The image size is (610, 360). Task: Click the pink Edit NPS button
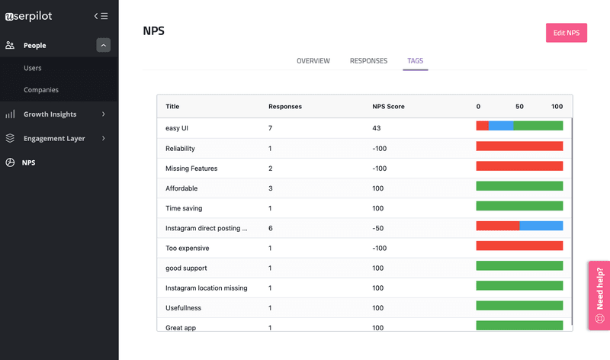coord(566,33)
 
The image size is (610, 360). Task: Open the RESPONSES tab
coord(368,61)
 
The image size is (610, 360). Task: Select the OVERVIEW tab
coord(313,61)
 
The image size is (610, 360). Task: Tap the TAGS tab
coord(416,61)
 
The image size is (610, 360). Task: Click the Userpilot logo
coord(40,15)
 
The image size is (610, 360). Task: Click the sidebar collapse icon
coord(101,15)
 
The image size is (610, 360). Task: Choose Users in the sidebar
coord(33,68)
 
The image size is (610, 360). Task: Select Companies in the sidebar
coord(41,90)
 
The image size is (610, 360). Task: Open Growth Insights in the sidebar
coord(50,114)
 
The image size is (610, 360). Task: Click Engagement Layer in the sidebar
coord(54,139)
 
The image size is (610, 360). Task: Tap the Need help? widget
coord(599,295)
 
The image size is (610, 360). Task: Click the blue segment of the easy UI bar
coord(501,126)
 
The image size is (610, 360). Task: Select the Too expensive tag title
coord(187,248)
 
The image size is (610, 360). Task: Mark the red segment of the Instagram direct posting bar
coord(497,226)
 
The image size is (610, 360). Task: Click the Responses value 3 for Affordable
coord(271,188)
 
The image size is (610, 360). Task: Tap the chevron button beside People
coord(103,46)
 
